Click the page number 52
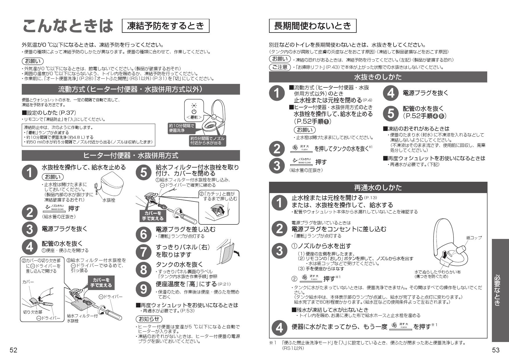(x=14, y=350)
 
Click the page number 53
(x=496, y=350)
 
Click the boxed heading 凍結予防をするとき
(x=166, y=26)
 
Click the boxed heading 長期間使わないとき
(x=313, y=26)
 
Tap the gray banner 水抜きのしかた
(x=378, y=77)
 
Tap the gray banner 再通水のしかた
(x=378, y=188)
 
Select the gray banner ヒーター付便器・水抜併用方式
(x=131, y=156)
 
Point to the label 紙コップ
(x=474, y=238)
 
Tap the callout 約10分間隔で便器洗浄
(x=181, y=128)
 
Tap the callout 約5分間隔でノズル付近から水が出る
(x=207, y=141)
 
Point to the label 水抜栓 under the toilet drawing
(x=109, y=200)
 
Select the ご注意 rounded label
(x=279, y=67)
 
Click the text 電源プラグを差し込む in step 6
(x=186, y=229)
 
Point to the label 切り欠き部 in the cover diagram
(x=33, y=312)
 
